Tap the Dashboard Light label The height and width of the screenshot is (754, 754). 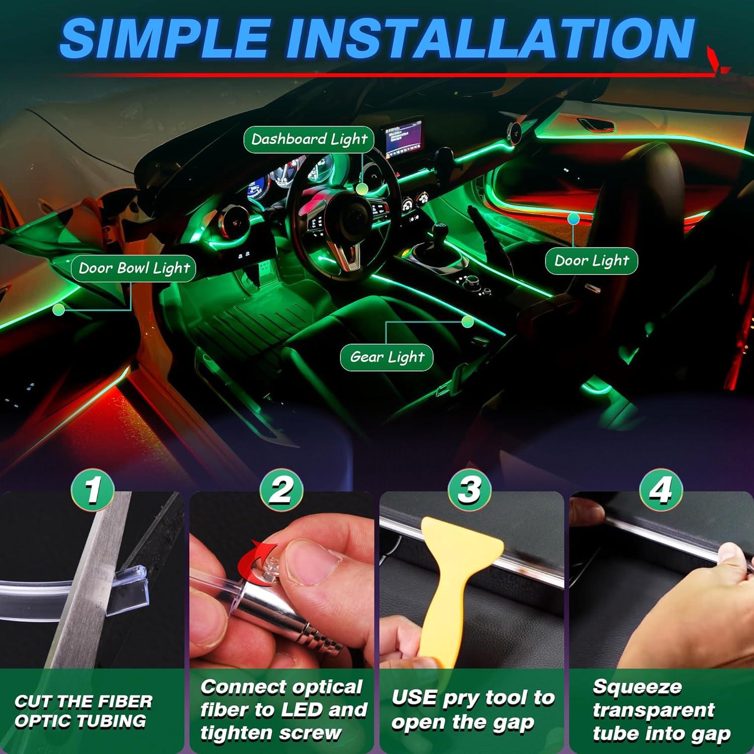[309, 139]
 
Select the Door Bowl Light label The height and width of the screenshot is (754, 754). [134, 268]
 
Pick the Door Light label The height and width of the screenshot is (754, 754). [591, 260]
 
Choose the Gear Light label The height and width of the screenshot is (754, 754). [387, 357]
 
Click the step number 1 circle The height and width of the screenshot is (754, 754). [92, 489]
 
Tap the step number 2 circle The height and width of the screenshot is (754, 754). [281, 489]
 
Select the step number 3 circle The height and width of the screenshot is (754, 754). [469, 489]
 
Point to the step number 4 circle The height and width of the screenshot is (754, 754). [661, 489]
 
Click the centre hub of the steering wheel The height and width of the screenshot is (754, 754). [352, 216]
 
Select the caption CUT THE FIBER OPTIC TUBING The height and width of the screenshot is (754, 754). [83, 711]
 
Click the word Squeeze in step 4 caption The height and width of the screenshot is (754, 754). [637, 687]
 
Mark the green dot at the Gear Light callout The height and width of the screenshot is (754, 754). [467, 322]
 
